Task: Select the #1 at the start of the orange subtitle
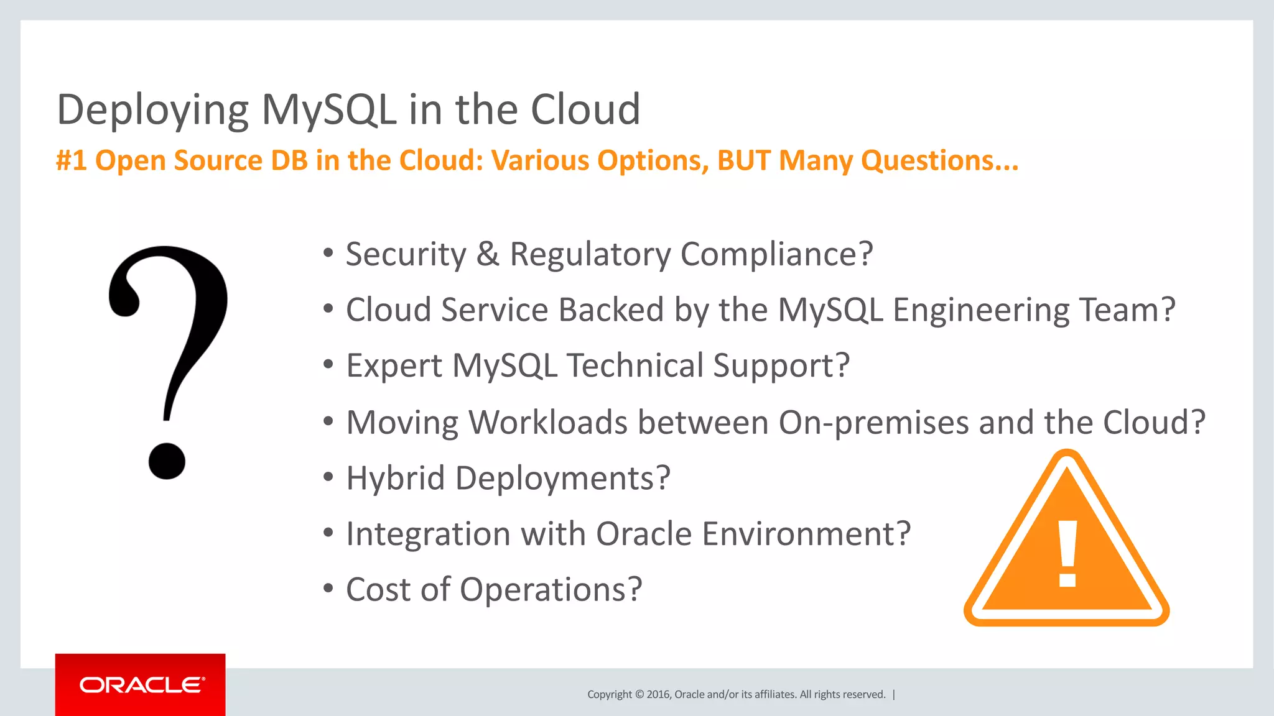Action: tap(71, 160)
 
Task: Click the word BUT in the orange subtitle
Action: tap(744, 160)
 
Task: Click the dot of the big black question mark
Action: tap(167, 461)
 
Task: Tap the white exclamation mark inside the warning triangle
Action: tap(1067, 553)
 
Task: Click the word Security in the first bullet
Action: tap(406, 254)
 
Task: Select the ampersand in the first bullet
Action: tap(488, 254)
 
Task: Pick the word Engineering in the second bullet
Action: tap(981, 310)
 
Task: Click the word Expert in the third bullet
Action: tap(394, 365)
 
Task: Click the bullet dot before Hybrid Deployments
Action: tap(328, 477)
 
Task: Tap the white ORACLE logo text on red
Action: tap(141, 685)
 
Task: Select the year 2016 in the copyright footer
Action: tap(659, 694)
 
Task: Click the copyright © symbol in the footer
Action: tap(639, 694)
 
